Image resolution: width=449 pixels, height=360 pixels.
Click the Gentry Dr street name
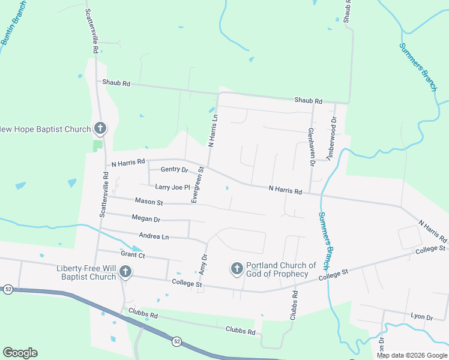[174, 170]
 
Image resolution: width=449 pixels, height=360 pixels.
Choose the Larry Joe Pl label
[172, 187]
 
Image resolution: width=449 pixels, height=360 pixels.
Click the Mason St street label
[149, 202]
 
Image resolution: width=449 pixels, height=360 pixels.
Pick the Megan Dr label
[146, 219]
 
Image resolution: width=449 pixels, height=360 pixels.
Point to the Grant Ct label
[133, 254]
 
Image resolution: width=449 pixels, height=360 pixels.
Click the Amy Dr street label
[204, 265]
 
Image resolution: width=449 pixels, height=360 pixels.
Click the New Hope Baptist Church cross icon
[100, 128]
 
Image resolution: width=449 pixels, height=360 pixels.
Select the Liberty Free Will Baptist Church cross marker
[125, 272]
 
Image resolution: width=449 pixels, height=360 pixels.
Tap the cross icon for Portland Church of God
[237, 268]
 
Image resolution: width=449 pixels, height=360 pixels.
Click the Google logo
[20, 353]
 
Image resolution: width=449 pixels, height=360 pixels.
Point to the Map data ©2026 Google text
[412, 355]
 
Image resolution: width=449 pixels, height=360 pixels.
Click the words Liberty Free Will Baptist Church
[86, 272]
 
